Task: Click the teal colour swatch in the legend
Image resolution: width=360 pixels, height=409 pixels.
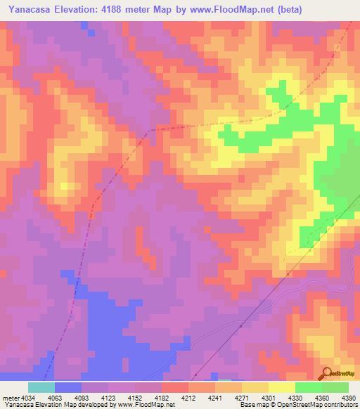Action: [x=41, y=387]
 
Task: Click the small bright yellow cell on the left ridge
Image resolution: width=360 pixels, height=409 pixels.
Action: [x=65, y=186]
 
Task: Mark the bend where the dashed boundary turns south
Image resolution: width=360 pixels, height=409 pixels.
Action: [x=147, y=131]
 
